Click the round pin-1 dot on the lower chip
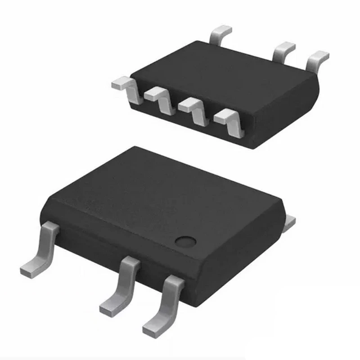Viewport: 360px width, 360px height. coord(184,241)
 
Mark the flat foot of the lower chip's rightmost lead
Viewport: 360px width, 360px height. coord(155,327)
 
